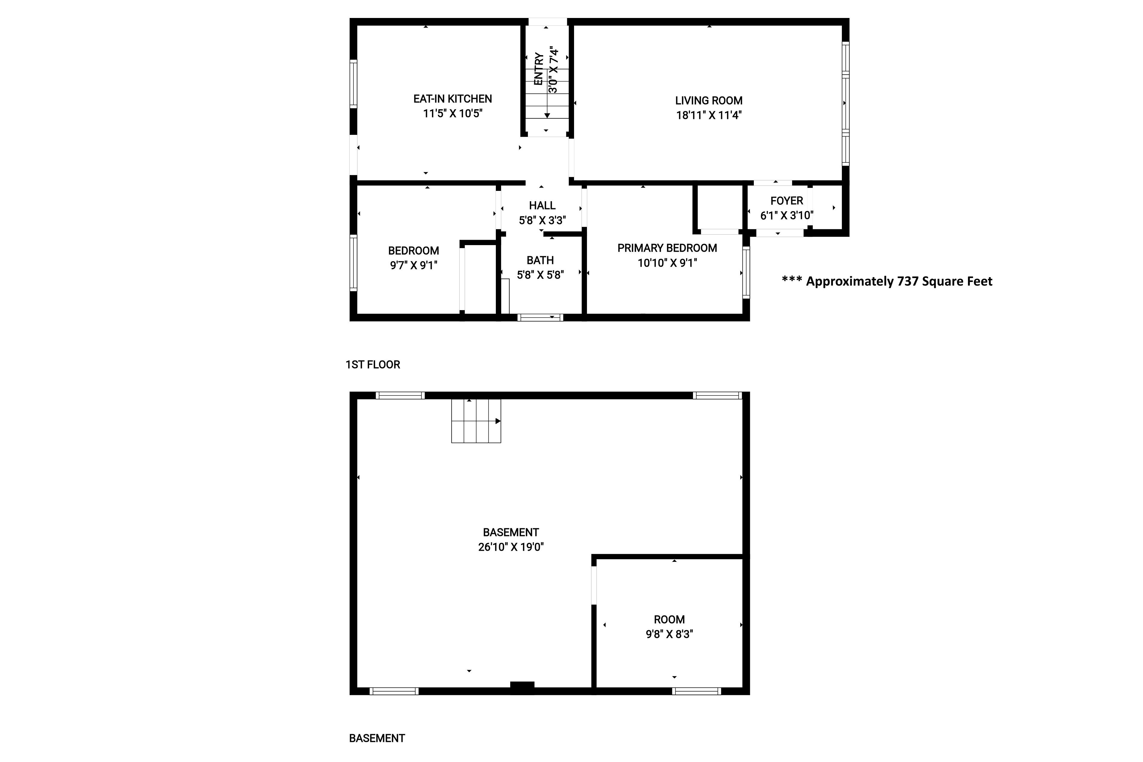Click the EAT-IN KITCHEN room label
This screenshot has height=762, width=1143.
pos(452,99)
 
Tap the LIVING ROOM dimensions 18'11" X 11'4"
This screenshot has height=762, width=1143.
pos(709,115)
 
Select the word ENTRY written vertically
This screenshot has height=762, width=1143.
pos(539,69)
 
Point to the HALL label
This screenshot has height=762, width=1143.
pos(542,206)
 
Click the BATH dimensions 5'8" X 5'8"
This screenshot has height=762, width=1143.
pos(540,275)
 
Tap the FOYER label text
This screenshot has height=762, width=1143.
pos(786,201)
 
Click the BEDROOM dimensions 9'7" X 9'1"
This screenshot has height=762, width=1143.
pos(413,265)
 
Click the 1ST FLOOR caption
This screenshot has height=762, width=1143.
pos(373,364)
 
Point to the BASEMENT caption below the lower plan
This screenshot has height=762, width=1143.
pos(377,738)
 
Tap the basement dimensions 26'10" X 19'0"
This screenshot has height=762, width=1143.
pos(511,547)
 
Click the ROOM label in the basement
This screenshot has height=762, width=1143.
pos(669,620)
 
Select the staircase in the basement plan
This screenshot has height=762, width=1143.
pos(476,421)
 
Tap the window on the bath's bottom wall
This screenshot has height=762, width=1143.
pos(540,317)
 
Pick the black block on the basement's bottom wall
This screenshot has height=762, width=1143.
pos(522,685)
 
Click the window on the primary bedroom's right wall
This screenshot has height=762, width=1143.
pos(746,272)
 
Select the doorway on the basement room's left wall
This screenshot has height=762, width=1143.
pos(594,585)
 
